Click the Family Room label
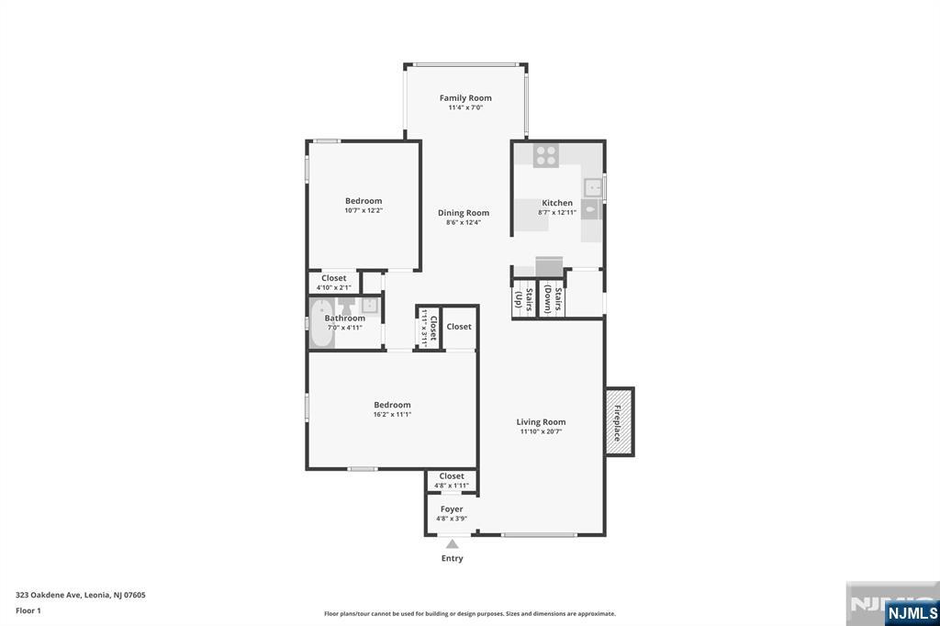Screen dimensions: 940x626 tap(465, 97)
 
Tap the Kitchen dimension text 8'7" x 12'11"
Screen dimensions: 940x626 tap(557, 212)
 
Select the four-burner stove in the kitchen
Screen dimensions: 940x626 tap(545, 155)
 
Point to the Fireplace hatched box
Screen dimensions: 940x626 tap(620, 421)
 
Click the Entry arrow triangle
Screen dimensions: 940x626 tap(452, 544)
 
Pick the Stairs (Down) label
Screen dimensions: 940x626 tap(553, 299)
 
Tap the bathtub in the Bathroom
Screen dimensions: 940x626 tap(321, 323)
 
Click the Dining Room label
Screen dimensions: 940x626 tap(464, 213)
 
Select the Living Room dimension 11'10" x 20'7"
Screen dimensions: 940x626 tap(541, 431)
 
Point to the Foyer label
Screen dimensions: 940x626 tap(452, 509)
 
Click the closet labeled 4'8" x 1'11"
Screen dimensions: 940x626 tap(452, 481)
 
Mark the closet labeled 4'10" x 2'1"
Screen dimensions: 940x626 tap(334, 282)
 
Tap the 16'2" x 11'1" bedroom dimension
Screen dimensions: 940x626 tap(392, 414)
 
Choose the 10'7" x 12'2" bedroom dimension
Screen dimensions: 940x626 tap(364, 210)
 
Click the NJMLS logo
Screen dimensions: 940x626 tap(912, 613)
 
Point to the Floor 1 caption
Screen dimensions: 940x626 tap(28, 611)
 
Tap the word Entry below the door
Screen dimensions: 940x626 tap(452, 558)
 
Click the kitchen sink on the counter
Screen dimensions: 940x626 tap(592, 187)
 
